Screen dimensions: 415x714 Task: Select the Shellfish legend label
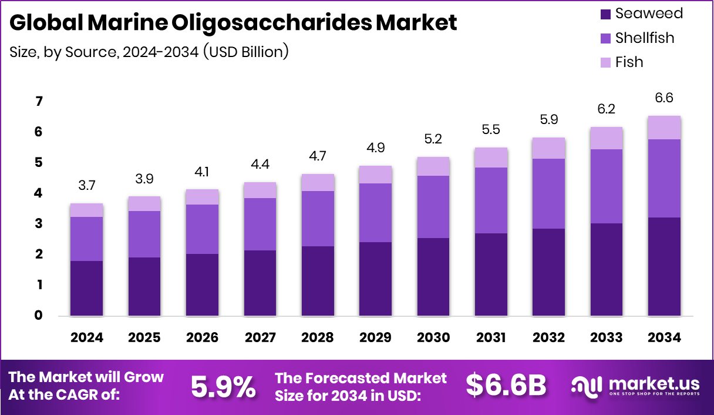tap(645, 38)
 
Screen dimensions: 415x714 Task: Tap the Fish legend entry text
tap(629, 62)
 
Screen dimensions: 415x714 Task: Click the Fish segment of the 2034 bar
tap(664, 128)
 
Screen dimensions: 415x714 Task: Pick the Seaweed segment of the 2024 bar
tap(86, 288)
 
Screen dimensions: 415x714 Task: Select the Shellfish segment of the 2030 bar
tap(433, 207)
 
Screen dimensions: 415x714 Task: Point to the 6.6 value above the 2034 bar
tap(664, 98)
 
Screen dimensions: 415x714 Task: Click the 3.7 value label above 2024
tap(86, 186)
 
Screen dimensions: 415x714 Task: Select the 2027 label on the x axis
tap(260, 337)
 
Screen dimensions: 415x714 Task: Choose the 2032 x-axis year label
tap(548, 337)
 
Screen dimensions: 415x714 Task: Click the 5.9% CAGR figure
tap(223, 386)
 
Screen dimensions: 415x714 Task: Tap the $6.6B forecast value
tap(506, 386)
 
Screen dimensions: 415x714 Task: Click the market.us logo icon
tap(587, 386)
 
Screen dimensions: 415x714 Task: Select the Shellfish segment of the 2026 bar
tap(202, 229)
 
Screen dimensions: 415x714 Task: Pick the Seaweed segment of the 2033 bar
tap(606, 269)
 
